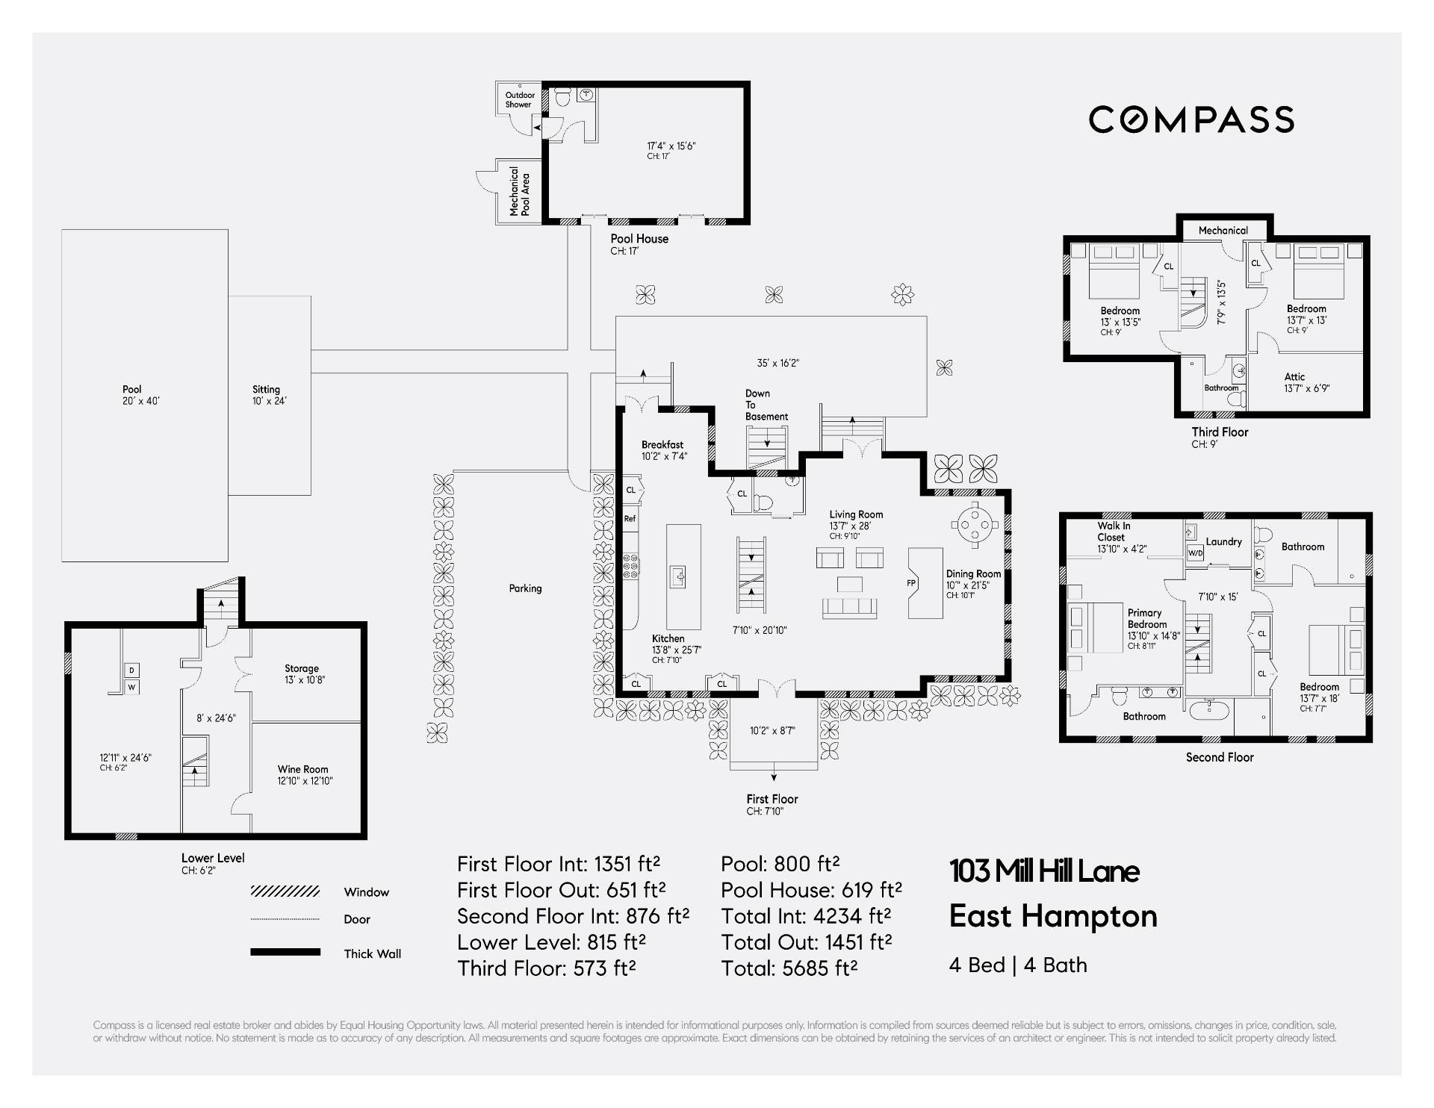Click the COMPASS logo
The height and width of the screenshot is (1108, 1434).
(x=1191, y=119)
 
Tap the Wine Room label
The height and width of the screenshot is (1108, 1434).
(x=303, y=774)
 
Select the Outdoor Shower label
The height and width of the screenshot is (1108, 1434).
(x=519, y=99)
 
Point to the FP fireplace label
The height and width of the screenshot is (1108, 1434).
(x=911, y=583)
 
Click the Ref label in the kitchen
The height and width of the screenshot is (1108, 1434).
(x=630, y=518)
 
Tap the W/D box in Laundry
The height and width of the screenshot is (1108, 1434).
(x=1195, y=553)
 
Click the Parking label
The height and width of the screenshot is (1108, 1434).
(x=525, y=588)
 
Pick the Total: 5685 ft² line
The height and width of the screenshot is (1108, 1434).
(x=789, y=968)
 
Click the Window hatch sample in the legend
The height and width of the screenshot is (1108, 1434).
(x=285, y=891)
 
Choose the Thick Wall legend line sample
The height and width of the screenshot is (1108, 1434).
(x=285, y=952)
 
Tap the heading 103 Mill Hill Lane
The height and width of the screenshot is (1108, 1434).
(x=1043, y=871)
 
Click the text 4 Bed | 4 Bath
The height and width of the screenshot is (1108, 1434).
(x=1017, y=965)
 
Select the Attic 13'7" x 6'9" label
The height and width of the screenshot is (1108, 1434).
(x=1306, y=382)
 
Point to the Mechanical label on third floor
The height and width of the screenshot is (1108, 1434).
(x=1223, y=231)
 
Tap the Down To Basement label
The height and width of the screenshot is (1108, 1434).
(x=766, y=405)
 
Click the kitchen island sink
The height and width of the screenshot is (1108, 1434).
(x=678, y=576)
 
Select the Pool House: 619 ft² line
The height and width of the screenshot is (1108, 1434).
(x=811, y=890)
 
